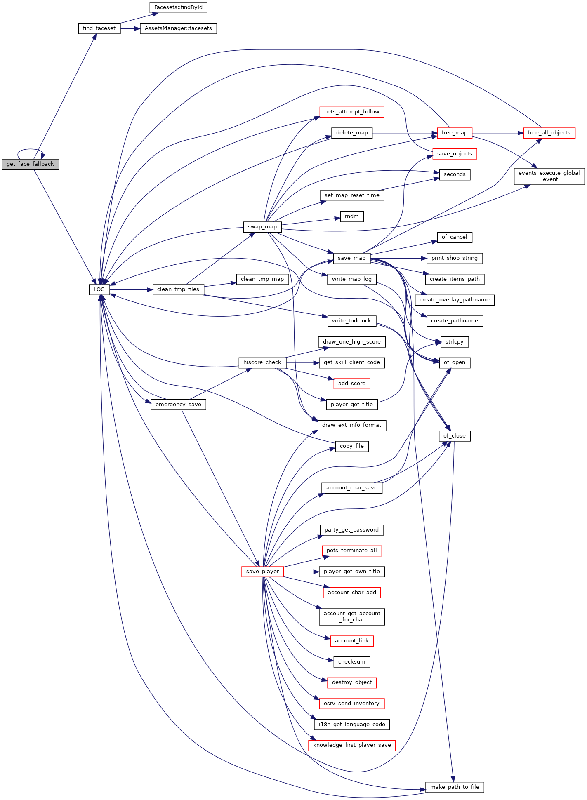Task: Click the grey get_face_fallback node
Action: click(31, 164)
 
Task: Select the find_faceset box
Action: click(99, 28)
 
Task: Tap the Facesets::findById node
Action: click(178, 7)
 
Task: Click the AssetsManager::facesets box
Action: click(178, 28)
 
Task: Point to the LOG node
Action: click(99, 289)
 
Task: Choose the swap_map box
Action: click(262, 227)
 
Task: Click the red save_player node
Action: click(262, 572)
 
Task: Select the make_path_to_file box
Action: click(455, 787)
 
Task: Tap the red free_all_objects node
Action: click(549, 133)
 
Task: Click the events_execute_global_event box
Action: click(549, 176)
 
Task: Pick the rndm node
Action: click(352, 216)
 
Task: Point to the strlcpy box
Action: click(455, 342)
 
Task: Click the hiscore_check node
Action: click(262, 362)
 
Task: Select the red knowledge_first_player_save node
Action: click(352, 745)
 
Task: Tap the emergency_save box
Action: click(178, 405)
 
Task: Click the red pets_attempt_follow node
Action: click(352, 112)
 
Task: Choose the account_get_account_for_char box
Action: click(352, 616)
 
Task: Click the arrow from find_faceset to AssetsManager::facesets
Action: click(130, 28)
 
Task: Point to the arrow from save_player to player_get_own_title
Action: click(301, 572)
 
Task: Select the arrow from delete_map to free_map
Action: click(405, 133)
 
